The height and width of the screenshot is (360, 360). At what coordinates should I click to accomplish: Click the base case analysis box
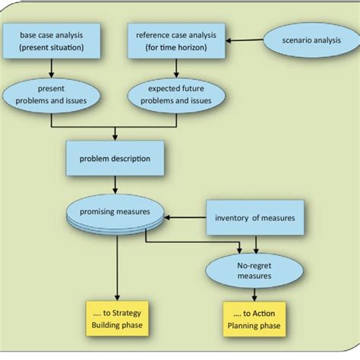[51, 42]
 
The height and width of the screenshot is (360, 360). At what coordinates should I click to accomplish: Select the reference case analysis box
[176, 42]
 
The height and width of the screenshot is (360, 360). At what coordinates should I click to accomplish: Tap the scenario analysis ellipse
[308, 39]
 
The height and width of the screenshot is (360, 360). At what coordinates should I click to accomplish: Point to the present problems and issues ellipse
[50, 94]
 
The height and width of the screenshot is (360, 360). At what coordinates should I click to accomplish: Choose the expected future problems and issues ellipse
[175, 94]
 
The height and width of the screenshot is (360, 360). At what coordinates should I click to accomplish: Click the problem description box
[114, 159]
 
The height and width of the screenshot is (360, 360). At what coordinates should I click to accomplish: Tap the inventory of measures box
[255, 219]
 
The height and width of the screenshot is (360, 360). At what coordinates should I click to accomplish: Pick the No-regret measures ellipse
[243, 267]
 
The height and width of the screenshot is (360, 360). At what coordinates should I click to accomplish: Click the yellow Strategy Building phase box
[116, 319]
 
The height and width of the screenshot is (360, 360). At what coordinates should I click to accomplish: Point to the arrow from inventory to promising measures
[186, 219]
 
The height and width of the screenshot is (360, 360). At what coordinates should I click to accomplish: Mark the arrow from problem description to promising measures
[115, 188]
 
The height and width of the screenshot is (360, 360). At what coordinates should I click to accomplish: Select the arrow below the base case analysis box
[50, 70]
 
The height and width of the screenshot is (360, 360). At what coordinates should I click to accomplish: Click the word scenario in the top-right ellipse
[289, 39]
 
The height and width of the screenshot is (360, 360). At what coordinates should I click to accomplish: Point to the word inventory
[233, 219]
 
